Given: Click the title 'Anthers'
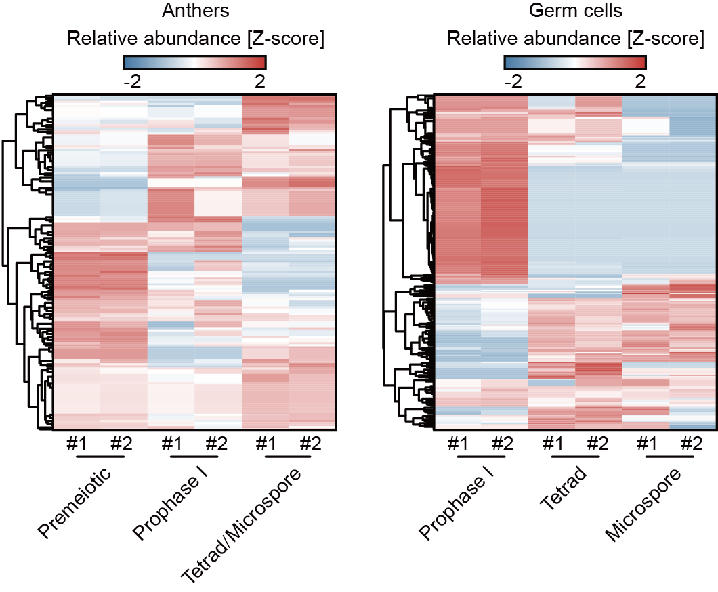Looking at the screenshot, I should tap(195, 12).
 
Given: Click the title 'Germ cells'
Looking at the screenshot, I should tap(575, 12).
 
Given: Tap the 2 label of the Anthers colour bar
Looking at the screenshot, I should tap(259, 82).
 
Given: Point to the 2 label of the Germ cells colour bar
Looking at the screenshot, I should tap(640, 82).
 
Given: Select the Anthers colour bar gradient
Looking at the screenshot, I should tap(195, 62).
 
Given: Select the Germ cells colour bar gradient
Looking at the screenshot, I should tap(575, 62).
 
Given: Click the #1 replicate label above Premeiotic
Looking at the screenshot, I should tap(77, 445).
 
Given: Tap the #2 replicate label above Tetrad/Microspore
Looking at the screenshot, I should tap(312, 445).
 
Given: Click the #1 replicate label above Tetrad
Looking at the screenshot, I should tap(552, 445).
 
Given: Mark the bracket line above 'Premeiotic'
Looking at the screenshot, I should tap(100, 457).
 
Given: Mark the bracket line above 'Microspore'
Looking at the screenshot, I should tap(670, 457).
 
